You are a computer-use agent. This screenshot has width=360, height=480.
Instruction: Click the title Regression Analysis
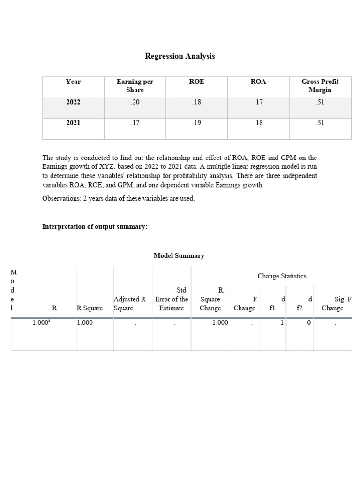pyautogui.click(x=180, y=56)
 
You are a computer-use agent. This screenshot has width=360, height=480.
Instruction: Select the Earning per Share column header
pyautogui.click(x=135, y=85)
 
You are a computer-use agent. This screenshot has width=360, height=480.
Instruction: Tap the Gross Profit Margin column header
pyautogui.click(x=320, y=85)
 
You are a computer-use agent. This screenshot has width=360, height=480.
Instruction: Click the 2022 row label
pyautogui.click(x=73, y=103)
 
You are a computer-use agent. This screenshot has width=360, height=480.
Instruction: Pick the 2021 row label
pyautogui.click(x=73, y=123)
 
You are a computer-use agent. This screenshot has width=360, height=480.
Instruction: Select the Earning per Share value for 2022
pyautogui.click(x=135, y=103)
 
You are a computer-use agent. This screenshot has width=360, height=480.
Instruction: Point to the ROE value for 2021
pyautogui.click(x=196, y=123)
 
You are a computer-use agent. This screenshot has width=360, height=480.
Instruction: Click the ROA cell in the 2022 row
pyautogui.click(x=258, y=103)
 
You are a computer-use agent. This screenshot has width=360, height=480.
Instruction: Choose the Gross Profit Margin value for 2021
pyautogui.click(x=320, y=123)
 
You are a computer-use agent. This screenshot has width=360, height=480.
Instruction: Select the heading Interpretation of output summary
pyautogui.click(x=95, y=227)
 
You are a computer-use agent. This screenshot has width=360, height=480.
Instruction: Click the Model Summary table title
pyautogui.click(x=179, y=255)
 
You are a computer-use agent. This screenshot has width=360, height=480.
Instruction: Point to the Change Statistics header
pyautogui.click(x=282, y=276)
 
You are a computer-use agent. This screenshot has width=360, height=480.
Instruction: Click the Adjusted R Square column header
pyautogui.click(x=130, y=303)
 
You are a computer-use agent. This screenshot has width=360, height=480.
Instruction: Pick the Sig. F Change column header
pyautogui.click(x=332, y=303)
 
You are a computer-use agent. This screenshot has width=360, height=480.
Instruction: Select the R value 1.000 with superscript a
pyautogui.click(x=41, y=322)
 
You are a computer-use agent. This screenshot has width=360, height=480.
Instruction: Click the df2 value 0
pyautogui.click(x=308, y=322)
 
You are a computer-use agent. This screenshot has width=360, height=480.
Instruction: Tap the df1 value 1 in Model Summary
pyautogui.click(x=282, y=322)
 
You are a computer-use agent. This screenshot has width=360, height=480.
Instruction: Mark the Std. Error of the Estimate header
pyautogui.click(x=172, y=299)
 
